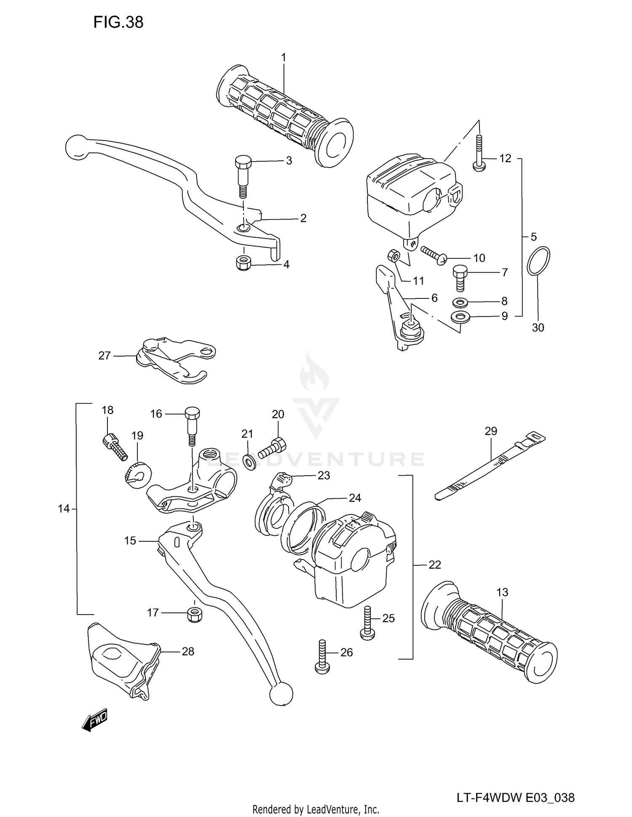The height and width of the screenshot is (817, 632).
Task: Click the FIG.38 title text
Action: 118,22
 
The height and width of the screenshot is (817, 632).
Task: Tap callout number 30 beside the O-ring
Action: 538,327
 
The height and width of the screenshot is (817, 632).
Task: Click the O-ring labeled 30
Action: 538,261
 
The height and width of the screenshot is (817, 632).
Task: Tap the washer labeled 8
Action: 460,302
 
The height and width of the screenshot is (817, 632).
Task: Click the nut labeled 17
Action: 194,614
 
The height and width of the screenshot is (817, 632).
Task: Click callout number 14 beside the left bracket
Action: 63,509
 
